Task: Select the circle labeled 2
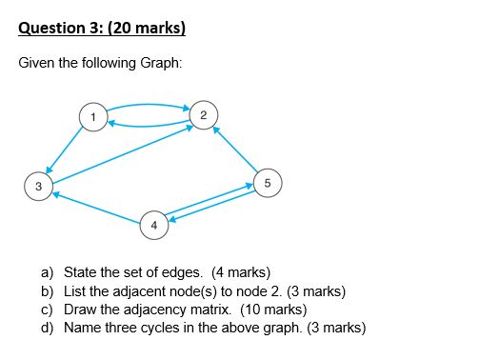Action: point(204,114)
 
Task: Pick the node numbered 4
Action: point(153,225)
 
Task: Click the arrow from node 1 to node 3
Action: point(65,150)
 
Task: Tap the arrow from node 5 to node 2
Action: point(236,149)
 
